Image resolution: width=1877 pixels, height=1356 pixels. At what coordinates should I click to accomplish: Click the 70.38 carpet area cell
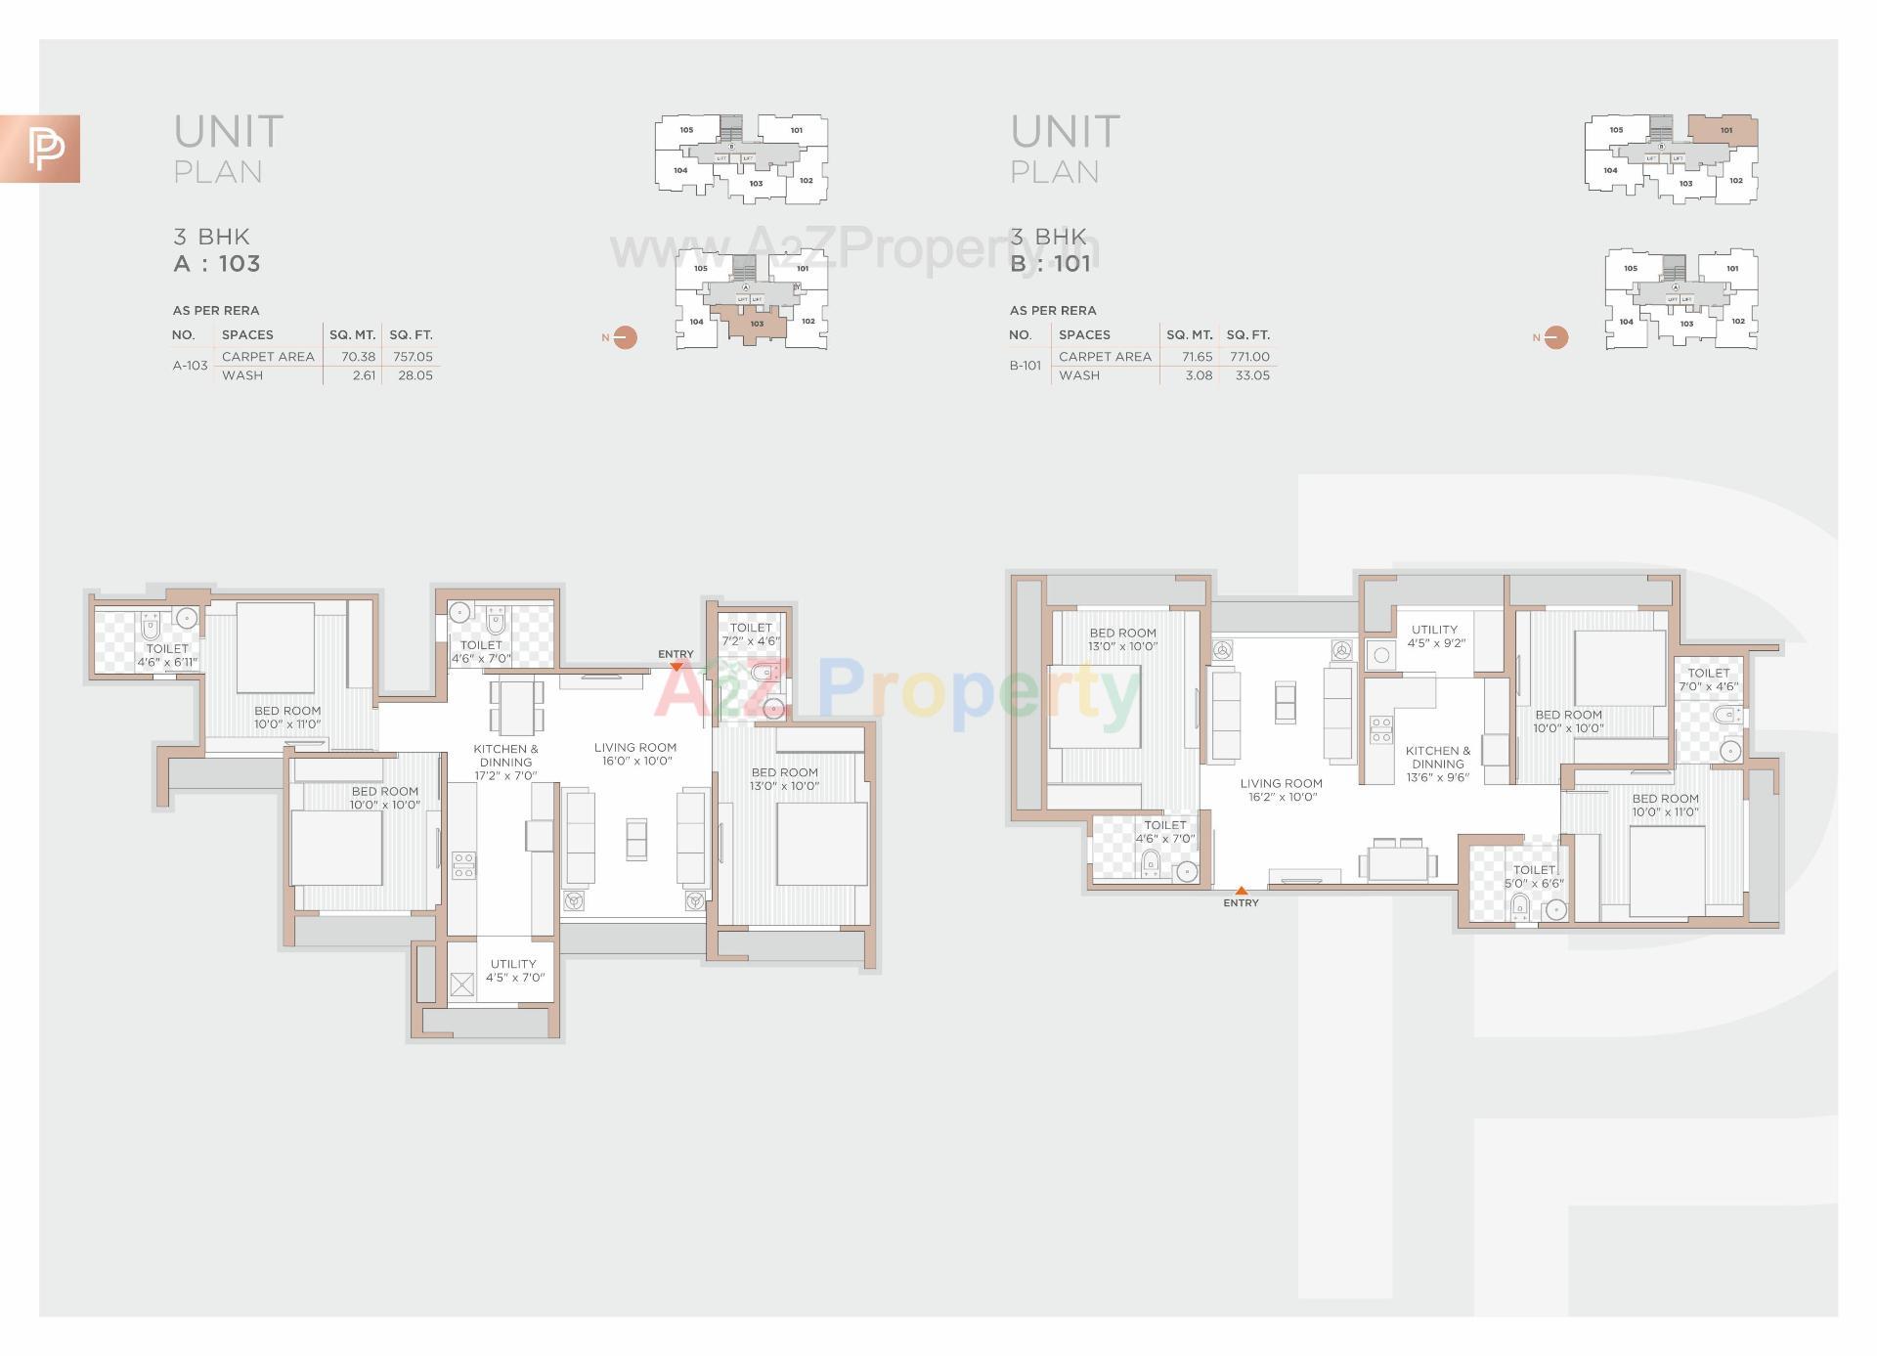pos(359,357)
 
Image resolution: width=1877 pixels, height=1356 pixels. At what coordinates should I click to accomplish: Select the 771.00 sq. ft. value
pos(1249,357)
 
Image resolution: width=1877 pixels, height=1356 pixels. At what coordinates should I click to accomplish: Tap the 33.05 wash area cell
pos(1252,375)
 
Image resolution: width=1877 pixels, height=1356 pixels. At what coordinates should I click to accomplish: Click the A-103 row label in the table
pos(191,366)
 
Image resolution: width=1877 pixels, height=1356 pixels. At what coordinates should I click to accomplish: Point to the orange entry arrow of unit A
pos(676,667)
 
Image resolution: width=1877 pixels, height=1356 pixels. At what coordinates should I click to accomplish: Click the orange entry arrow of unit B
pos(1241,891)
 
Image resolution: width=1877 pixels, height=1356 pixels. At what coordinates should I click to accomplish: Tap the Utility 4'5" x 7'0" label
pos(514,971)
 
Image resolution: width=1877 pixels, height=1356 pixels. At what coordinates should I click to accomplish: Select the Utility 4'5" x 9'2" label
pos(1435,636)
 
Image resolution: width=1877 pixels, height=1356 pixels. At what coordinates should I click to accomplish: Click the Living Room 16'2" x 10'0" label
pos(1282,790)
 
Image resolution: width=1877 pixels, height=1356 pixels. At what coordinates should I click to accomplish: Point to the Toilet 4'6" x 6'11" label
pos(167,655)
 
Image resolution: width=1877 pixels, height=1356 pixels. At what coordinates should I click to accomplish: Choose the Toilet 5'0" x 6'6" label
pos(1534,876)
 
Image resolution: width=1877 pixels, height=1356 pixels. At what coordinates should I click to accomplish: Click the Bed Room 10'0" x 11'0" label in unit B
pos(1666,806)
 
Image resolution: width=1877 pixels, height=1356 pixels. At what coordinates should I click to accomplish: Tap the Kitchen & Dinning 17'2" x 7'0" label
pos(506,762)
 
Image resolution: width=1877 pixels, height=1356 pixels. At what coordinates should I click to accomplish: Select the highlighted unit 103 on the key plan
pos(755,325)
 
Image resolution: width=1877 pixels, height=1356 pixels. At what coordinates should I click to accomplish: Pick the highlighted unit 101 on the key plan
pos(1724,130)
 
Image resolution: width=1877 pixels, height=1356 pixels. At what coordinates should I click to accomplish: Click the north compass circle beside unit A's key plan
pos(625,337)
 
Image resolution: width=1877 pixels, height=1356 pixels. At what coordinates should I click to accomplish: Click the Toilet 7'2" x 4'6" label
pos(751,634)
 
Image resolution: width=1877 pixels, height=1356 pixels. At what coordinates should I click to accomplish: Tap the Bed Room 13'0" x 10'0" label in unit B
pos(1122,639)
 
